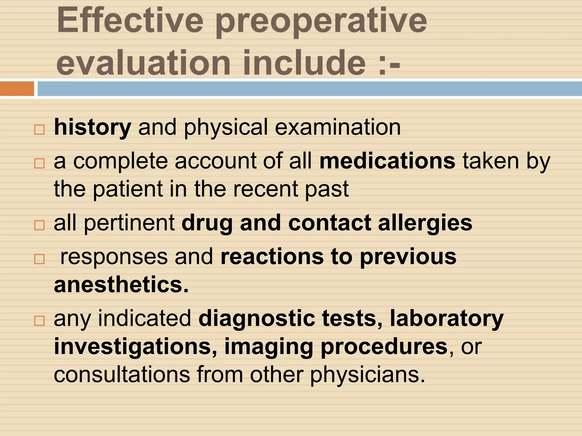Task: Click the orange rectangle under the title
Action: click(17, 89)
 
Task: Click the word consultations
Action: click(122, 375)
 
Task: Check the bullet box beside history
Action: click(40, 130)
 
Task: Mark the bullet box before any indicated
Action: click(40, 321)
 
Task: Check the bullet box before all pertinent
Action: click(40, 225)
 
